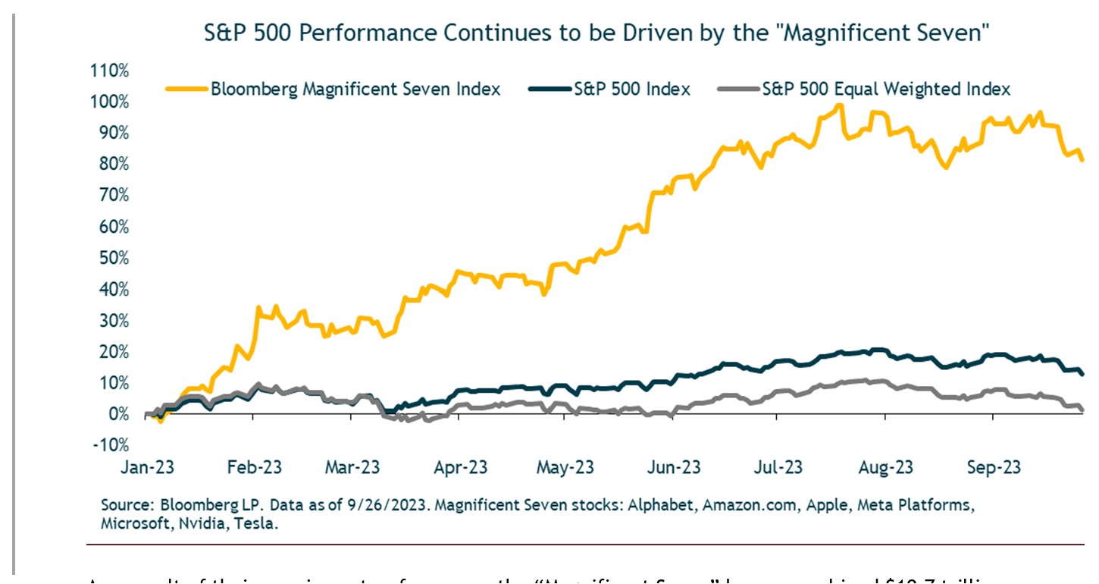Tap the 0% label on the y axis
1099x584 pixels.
click(x=119, y=414)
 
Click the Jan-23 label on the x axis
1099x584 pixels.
click(x=149, y=467)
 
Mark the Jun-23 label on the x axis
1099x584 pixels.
click(x=672, y=467)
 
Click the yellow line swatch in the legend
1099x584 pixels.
click(x=186, y=89)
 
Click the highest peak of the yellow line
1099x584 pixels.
click(x=838, y=105)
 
